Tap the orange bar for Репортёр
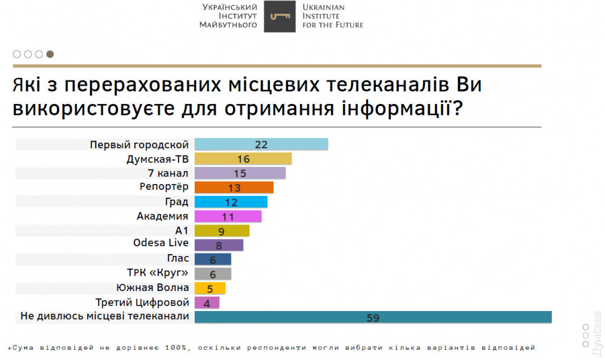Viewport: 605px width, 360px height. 234,188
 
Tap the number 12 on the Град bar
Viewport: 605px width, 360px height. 231,202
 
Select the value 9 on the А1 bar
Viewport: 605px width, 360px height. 221,231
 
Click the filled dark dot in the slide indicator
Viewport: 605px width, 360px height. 50,54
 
